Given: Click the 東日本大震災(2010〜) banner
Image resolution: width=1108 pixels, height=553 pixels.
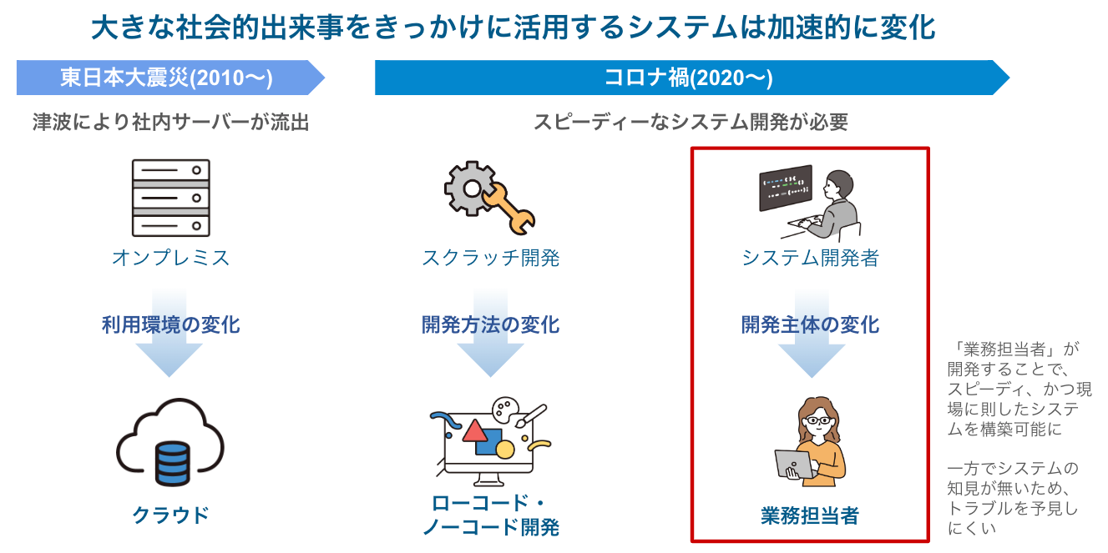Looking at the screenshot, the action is pos(167,78).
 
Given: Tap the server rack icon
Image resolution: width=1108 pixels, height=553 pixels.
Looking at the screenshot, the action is pos(171,198).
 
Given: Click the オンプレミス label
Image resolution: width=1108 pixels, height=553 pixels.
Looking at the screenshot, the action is pos(171,258).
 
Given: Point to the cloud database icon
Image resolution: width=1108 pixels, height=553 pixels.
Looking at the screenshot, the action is pos(171,455).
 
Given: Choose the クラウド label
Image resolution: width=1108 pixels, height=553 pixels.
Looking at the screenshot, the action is pos(171,515).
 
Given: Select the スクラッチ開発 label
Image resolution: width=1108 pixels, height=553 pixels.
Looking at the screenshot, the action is pos(491,258).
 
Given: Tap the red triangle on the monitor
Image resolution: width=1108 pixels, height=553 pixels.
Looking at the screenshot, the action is pos(474,430).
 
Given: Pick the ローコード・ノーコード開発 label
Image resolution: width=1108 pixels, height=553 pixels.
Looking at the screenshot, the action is pos(491,515).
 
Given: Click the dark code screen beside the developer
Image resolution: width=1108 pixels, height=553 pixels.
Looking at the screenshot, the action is pos(785,188).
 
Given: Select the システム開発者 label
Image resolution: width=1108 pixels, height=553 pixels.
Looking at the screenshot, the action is pos(810,258).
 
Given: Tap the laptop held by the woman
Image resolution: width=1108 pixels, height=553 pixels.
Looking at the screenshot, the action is pos(794,464).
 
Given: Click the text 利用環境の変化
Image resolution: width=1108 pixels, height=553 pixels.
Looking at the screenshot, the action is pos(171,324).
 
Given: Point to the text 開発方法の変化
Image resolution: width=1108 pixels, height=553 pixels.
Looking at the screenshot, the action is pos(491,324).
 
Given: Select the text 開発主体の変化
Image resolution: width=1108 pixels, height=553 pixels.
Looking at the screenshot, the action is pos(810,324).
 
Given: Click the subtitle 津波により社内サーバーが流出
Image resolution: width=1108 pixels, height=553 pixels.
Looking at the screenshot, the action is pos(171,123).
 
